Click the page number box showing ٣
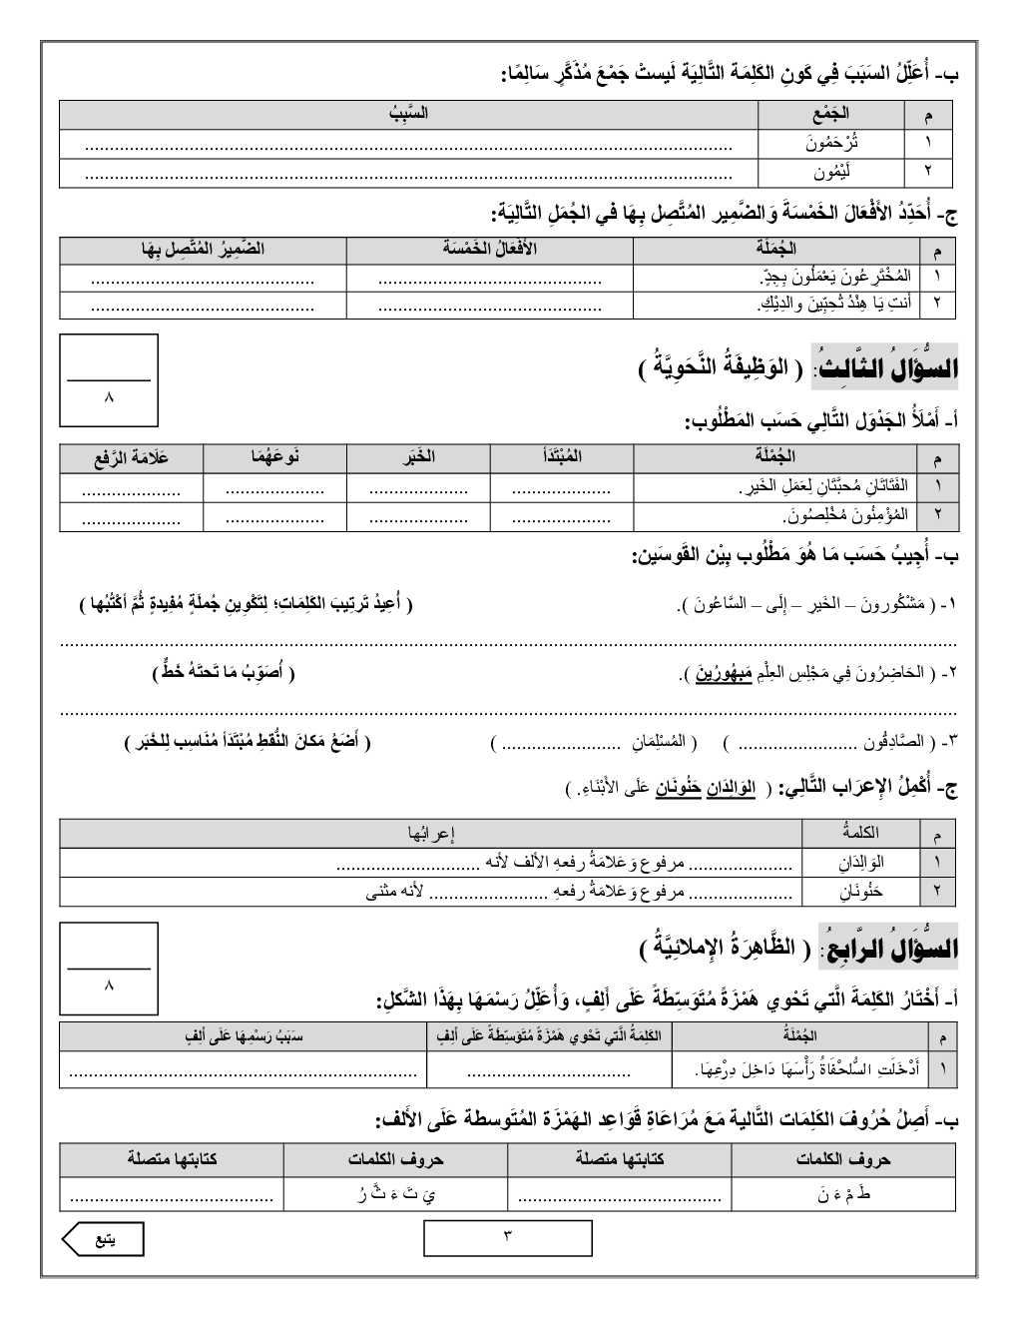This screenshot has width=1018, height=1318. click(507, 1238)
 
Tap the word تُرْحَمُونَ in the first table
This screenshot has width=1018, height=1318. click(832, 143)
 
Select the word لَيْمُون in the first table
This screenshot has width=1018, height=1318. click(832, 173)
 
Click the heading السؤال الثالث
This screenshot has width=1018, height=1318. click(885, 368)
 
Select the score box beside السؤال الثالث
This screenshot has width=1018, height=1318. click(109, 380)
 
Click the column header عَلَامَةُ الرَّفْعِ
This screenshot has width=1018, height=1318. click(132, 458)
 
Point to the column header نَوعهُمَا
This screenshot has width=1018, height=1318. click(274, 458)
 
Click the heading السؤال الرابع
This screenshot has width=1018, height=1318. click(886, 950)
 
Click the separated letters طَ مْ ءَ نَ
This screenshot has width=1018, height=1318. click(844, 1192)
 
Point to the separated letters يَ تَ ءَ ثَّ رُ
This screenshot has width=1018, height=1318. click(395, 1192)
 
